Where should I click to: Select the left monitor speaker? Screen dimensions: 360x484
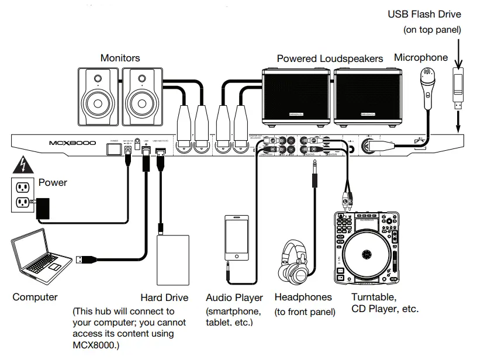pos(99,97)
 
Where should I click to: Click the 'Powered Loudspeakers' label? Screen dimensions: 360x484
pos(330,58)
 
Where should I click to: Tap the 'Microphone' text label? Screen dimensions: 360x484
pos(421,57)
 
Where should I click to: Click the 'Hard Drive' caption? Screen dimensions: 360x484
pos(164,297)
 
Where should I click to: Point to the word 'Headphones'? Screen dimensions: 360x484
pos(303,297)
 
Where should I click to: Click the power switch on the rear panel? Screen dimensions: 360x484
pos(114,148)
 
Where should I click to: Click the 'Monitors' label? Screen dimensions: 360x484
pos(120,58)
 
